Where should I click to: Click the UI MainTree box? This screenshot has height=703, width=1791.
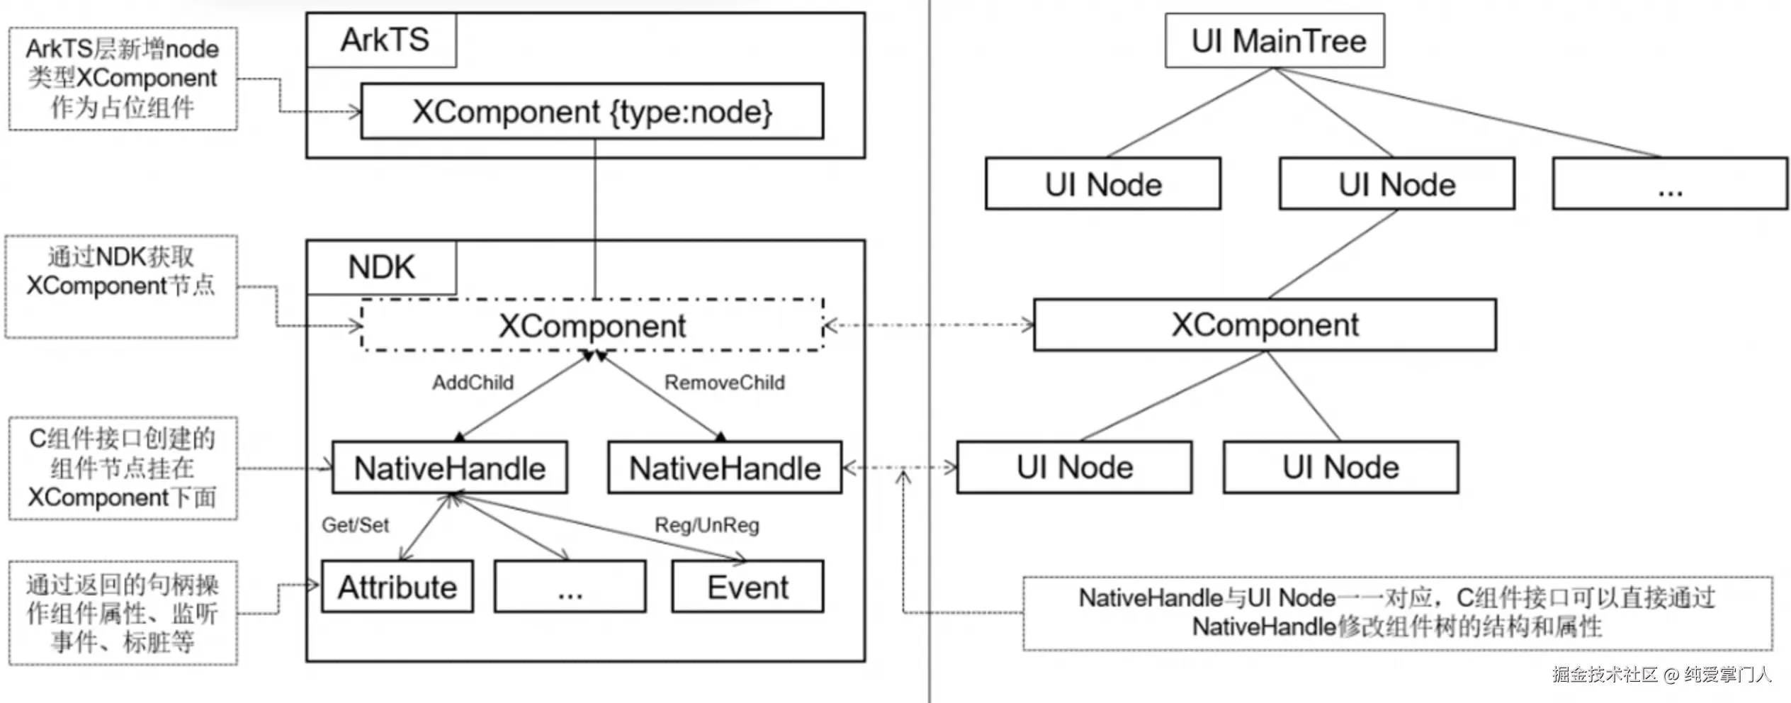[1275, 40]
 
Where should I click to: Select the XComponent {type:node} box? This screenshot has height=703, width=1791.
[592, 111]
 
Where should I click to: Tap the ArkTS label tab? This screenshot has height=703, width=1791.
[382, 40]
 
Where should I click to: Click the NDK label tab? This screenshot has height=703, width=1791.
[382, 267]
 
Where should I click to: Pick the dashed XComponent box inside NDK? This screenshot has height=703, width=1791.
[592, 325]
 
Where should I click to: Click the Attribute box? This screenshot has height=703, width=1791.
[397, 587]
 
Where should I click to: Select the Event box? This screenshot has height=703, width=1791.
[747, 587]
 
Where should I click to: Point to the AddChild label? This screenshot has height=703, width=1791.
[473, 383]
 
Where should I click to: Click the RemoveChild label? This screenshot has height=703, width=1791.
[724, 383]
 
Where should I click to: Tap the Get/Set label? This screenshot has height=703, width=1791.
[355, 525]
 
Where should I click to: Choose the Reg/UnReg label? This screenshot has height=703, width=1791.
[706, 525]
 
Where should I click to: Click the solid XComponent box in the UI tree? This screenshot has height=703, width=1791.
[1265, 325]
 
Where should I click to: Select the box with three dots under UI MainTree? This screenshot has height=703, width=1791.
[1670, 184]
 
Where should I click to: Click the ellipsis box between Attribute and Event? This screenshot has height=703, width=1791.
[570, 587]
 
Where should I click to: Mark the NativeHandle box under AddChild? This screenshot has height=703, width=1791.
[450, 468]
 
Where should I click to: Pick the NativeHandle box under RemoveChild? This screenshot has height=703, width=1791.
[725, 468]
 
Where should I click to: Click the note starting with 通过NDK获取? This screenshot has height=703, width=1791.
[121, 286]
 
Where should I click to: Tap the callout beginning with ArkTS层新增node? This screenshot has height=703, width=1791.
[123, 79]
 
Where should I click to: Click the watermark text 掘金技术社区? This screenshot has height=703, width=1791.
[1605, 674]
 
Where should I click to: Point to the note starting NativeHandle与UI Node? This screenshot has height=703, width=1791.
[1397, 613]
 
